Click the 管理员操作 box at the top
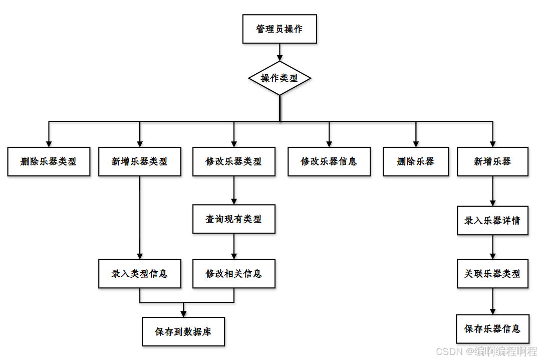(x=280, y=29)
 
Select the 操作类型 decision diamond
(x=280, y=78)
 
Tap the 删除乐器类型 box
(x=49, y=161)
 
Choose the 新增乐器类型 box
(x=140, y=161)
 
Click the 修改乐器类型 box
(x=234, y=161)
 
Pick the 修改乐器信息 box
(x=329, y=161)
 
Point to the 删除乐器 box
(x=416, y=161)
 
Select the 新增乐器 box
(x=492, y=161)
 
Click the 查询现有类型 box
(x=234, y=219)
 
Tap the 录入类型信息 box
(x=140, y=274)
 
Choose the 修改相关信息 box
(x=234, y=274)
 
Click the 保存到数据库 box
(x=183, y=331)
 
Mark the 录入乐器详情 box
(x=492, y=221)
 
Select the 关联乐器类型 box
(x=492, y=274)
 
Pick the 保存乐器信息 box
(x=492, y=329)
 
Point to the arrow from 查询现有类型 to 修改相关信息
(x=234, y=246)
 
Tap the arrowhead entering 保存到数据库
(x=183, y=313)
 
